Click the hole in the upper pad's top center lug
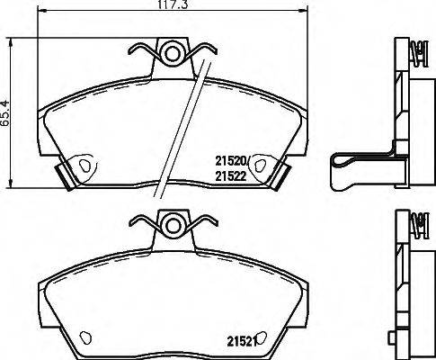point(171,52)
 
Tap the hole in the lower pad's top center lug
point(171,222)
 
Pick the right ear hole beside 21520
point(260,164)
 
